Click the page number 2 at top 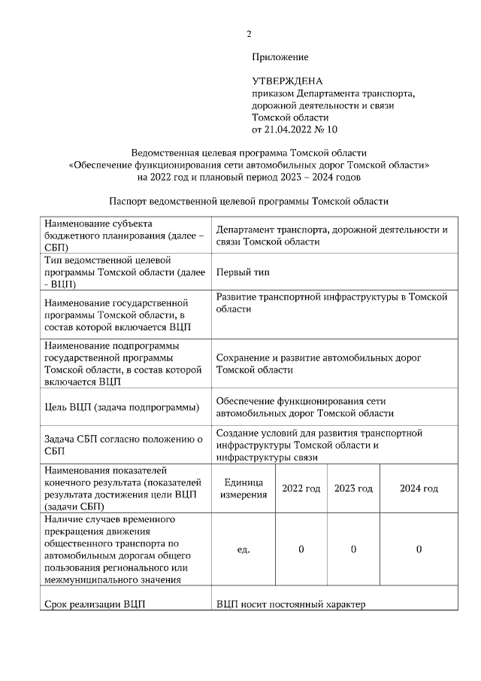tap(249, 33)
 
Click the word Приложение tap(280, 56)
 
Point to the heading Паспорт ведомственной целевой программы tap(248, 202)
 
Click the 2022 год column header tap(301, 488)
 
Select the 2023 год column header tap(353, 488)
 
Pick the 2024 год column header tap(419, 488)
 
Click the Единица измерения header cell tap(243, 488)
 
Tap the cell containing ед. tap(243, 549)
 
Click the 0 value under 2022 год tap(301, 549)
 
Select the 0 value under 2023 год tap(353, 549)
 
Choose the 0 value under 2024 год tap(419, 549)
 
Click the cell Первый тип tap(243, 272)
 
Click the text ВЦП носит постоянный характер tap(290, 604)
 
